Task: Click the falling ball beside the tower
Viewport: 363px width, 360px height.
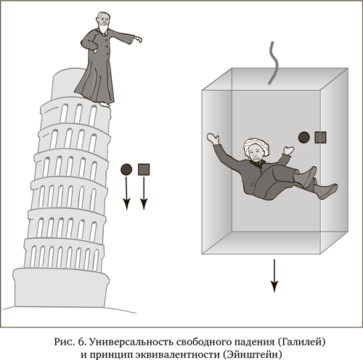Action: pos(126,169)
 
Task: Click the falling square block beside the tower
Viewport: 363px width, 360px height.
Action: pos(144,169)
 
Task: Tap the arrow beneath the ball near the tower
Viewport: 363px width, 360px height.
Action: pos(126,193)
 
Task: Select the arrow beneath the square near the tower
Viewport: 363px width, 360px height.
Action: pos(144,193)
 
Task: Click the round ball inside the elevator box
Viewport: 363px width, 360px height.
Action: pos(304,137)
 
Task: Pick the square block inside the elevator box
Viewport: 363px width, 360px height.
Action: pos(321,137)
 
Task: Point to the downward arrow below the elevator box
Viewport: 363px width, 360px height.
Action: pos(274,276)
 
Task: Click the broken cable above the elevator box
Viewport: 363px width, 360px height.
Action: pos(274,63)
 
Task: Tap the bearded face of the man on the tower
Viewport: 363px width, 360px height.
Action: pos(103,22)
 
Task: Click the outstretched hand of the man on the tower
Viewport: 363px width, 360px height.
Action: pos(138,39)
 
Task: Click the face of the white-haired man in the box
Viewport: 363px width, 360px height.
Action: pos(256,153)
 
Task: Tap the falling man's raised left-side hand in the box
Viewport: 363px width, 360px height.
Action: pos(213,138)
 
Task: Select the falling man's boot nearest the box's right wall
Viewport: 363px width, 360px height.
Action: pos(327,189)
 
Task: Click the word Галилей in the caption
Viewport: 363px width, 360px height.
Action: pos(301,342)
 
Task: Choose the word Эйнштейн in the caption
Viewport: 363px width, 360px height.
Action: pos(251,355)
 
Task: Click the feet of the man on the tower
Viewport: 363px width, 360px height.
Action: pos(105,105)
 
